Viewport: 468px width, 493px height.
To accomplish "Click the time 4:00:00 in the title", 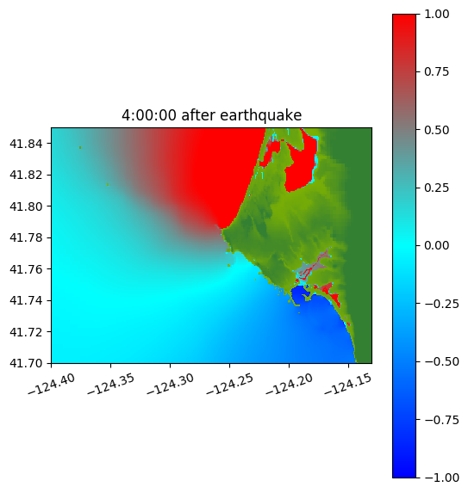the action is coord(149,115).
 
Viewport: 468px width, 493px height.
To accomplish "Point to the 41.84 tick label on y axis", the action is coord(26,144).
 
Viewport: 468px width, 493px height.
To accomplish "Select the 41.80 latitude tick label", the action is coord(26,206).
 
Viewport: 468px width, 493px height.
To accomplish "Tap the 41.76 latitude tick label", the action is coord(26,269).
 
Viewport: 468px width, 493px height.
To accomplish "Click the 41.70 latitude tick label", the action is coord(26,363).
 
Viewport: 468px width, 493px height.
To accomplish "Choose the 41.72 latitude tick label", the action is coord(26,332).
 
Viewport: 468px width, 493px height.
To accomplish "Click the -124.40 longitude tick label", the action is coord(52,384).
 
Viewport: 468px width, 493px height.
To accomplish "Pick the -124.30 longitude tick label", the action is coord(171,384).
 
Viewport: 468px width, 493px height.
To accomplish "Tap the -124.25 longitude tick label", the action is coord(230,384).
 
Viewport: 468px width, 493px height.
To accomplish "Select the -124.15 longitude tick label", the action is coord(348,384).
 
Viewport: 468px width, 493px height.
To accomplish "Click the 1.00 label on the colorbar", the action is coord(436,14).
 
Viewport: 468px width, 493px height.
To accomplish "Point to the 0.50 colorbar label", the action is coord(436,130).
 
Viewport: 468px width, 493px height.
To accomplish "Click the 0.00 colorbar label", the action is coord(436,245).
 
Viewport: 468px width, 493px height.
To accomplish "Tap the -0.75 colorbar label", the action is coord(441,420).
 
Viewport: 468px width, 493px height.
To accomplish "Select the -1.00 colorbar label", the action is coord(441,478).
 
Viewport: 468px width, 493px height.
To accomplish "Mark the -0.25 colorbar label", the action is coord(441,304).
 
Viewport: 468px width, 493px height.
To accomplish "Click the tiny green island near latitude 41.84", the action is coord(80,147).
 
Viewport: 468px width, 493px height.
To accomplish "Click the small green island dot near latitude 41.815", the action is coord(108,185).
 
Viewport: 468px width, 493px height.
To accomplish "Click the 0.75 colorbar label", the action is coord(436,72).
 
